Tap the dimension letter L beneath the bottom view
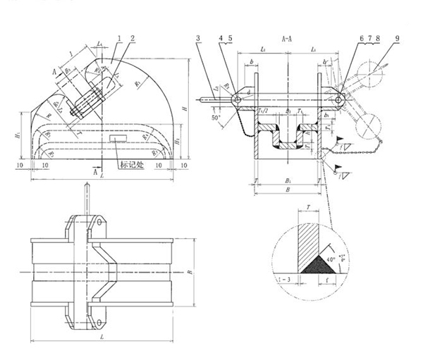coord(103,340)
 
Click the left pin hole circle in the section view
coord(238,99)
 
